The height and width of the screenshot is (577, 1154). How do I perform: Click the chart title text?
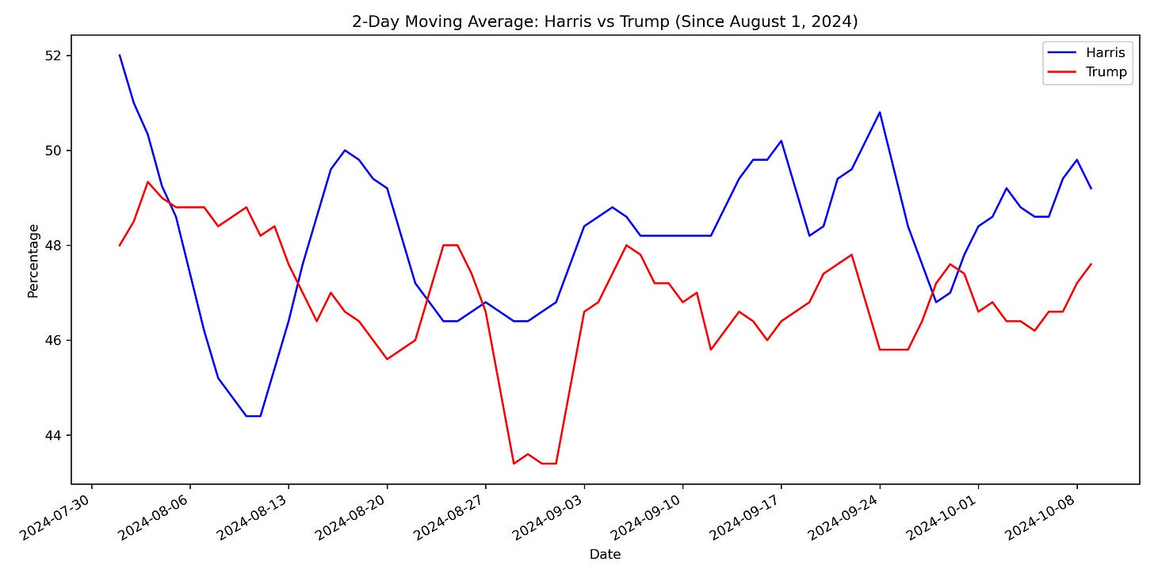point(605,21)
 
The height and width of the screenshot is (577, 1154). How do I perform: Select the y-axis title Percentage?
point(33,261)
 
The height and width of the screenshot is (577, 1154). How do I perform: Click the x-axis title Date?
point(605,554)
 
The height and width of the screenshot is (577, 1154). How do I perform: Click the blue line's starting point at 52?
point(120,55)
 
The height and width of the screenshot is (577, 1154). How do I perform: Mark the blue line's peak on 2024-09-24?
point(880,112)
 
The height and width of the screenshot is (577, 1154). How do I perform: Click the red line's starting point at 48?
point(120,245)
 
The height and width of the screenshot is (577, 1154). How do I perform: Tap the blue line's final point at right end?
point(1091,188)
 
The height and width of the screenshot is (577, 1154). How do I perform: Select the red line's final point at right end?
point(1091,264)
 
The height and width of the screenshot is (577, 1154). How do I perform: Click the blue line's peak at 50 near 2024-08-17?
point(345,150)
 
